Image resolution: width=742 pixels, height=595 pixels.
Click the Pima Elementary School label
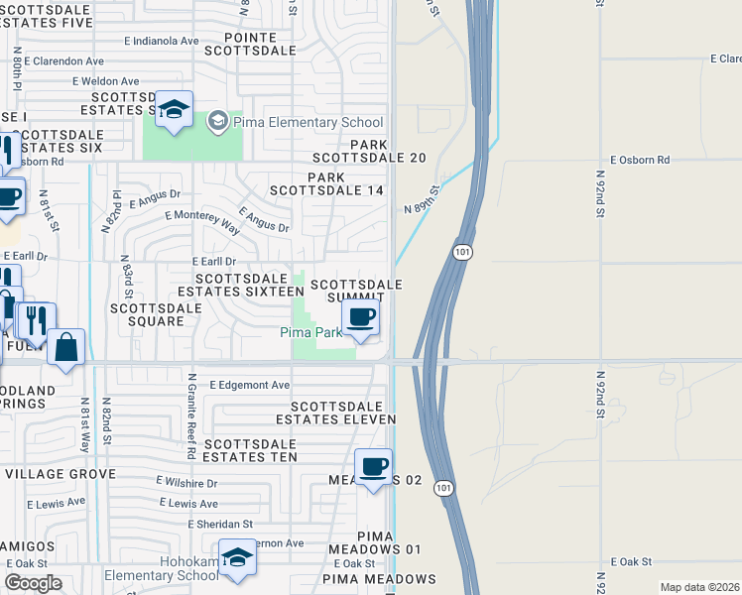pyautogui.click(x=309, y=123)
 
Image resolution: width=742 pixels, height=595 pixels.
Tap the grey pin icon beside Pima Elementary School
pyautogui.click(x=217, y=123)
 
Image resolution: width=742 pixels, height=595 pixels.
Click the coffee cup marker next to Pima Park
pyautogui.click(x=360, y=318)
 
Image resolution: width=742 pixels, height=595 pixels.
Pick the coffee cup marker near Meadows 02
pyautogui.click(x=373, y=467)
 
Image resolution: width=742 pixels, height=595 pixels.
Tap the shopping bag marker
pyautogui.click(x=65, y=348)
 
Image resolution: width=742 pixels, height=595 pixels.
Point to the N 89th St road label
pyautogui.click(x=422, y=201)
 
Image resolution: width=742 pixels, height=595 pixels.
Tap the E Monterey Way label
pyautogui.click(x=203, y=221)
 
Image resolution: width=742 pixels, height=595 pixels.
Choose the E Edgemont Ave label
pyautogui.click(x=249, y=385)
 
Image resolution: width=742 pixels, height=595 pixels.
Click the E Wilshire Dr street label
pyautogui.click(x=186, y=483)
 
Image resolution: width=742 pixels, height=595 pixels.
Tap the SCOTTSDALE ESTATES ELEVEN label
pyautogui.click(x=342, y=414)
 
